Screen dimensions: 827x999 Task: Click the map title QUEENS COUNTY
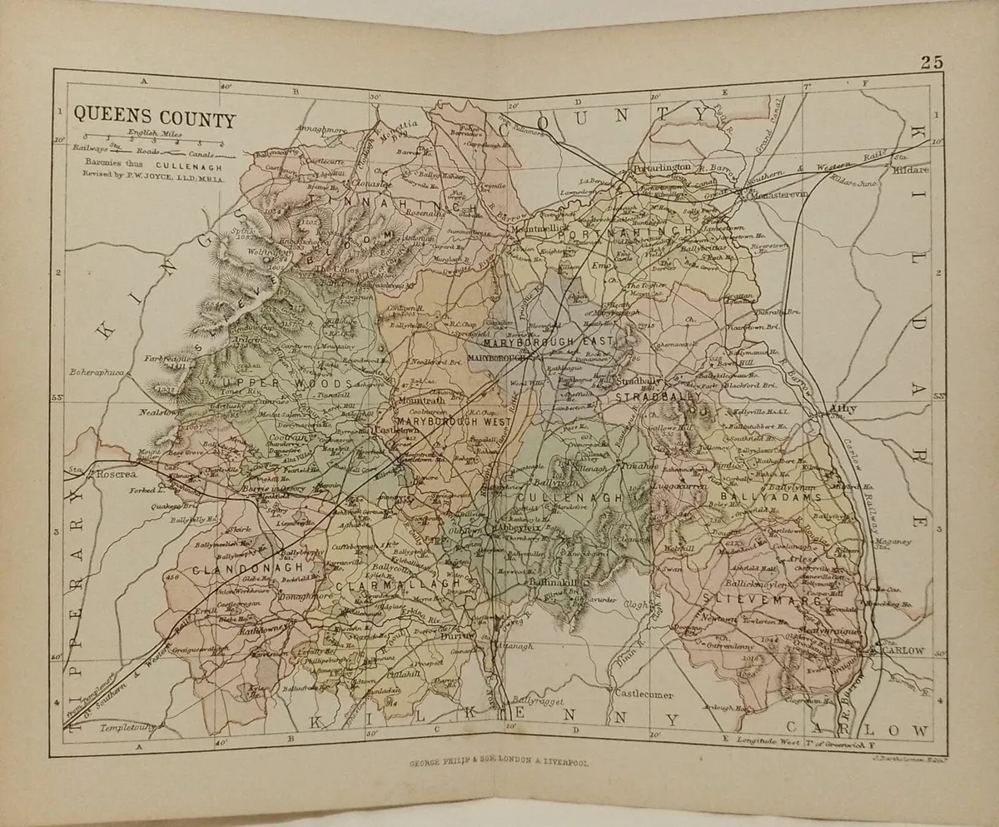tap(155, 118)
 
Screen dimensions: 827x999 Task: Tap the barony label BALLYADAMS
tap(770, 498)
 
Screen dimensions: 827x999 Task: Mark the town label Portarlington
tap(663, 167)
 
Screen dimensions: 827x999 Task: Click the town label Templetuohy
tap(128, 727)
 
